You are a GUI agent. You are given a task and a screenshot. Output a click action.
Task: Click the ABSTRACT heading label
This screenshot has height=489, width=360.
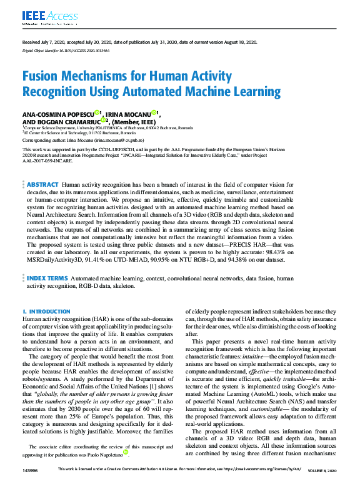pos(42,185)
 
